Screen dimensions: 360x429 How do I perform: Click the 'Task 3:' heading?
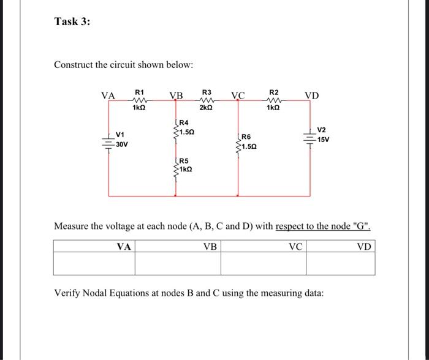72,21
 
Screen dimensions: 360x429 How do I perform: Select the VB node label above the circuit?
176,96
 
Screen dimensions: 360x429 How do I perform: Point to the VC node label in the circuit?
238,96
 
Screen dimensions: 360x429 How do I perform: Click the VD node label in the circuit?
312,96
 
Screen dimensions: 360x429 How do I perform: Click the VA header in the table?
124,247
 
